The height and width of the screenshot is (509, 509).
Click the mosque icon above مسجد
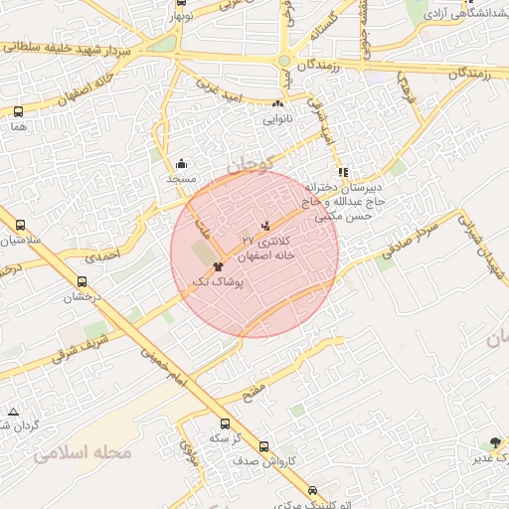pos(181,164)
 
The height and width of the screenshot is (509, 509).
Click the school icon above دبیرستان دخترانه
pos(344,173)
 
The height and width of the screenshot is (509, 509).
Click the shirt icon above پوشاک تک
pos(219,266)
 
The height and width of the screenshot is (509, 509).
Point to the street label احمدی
pos(101,255)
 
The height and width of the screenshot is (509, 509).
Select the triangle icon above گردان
pos(13,411)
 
